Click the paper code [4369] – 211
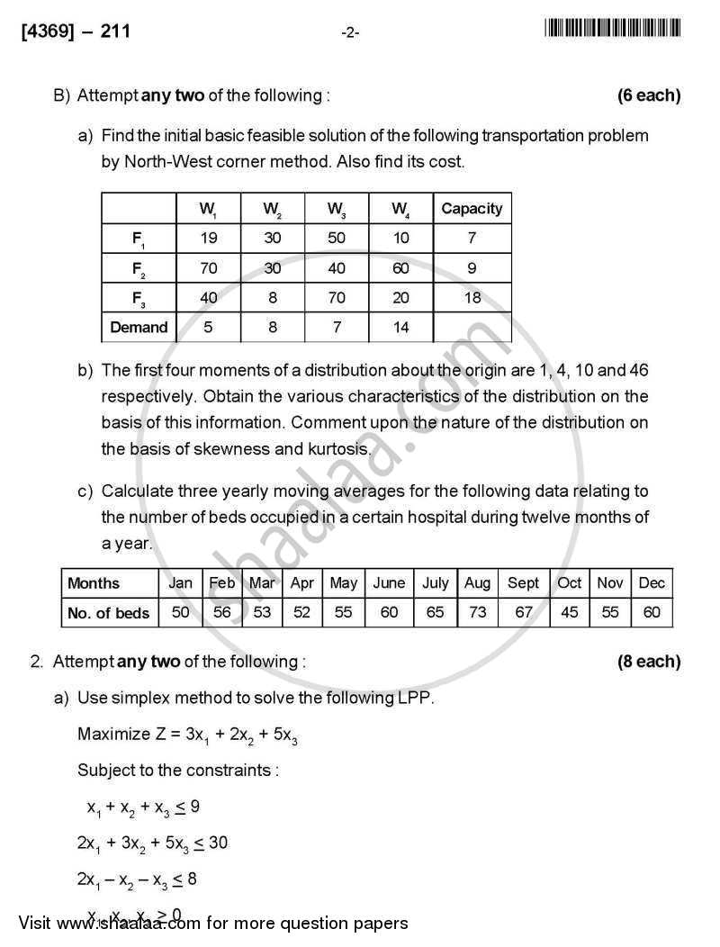pyautogui.click(x=76, y=32)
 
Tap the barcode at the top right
pyautogui.click(x=612, y=30)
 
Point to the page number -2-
pyautogui.click(x=351, y=33)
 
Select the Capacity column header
pyautogui.click(x=472, y=209)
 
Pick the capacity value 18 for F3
pyautogui.click(x=472, y=298)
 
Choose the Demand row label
pyautogui.click(x=139, y=328)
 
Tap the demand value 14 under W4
pyautogui.click(x=400, y=328)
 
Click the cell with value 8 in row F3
pyautogui.click(x=271, y=298)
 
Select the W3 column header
pyautogui.click(x=337, y=209)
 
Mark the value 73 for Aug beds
pyautogui.click(x=477, y=613)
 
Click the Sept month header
pyautogui.click(x=523, y=583)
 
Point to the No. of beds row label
pyautogui.click(x=108, y=613)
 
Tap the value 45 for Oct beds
pyautogui.click(x=570, y=613)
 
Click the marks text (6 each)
pyautogui.click(x=648, y=95)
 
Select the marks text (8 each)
pyautogui.click(x=648, y=662)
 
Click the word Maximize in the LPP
pyautogui.click(x=113, y=734)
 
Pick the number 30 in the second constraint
pyautogui.click(x=217, y=843)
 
